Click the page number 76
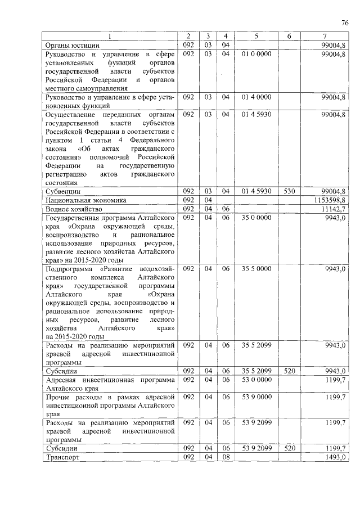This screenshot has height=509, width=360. tap(345, 23)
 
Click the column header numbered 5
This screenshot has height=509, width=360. tap(256, 37)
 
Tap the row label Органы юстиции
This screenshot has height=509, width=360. tap(72, 45)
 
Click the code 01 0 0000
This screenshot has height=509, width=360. tap(256, 53)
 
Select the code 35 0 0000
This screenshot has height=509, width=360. tap(256, 217)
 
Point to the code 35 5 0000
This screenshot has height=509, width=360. tap(256, 269)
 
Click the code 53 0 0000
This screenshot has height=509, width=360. tap(256, 380)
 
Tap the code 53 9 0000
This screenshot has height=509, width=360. tap(256, 397)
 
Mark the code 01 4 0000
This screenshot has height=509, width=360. tap(256, 97)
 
